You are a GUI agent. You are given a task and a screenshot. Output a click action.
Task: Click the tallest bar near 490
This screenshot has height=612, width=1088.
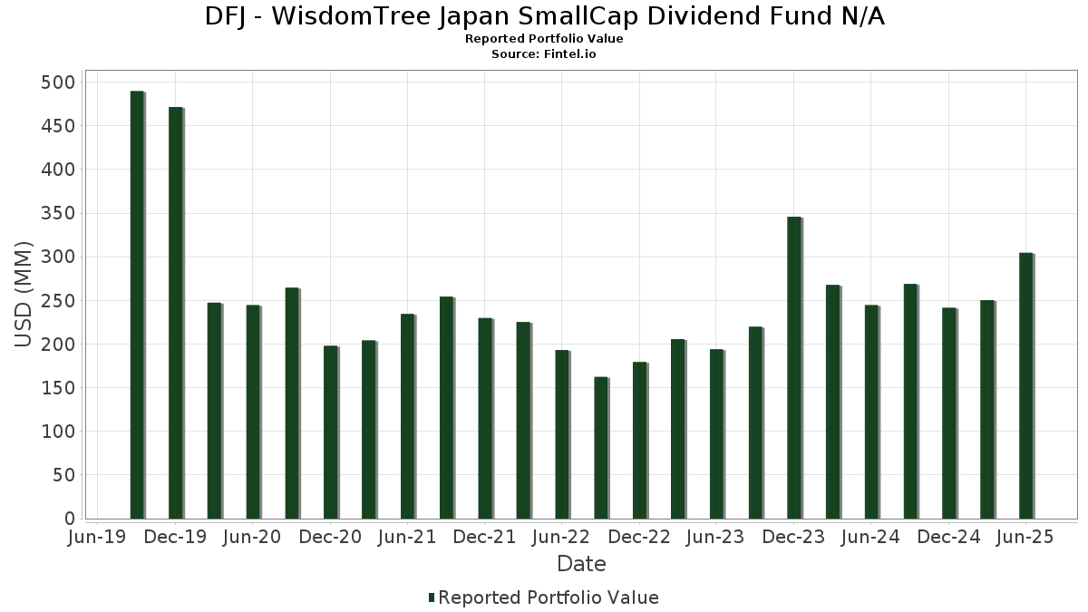point(137,305)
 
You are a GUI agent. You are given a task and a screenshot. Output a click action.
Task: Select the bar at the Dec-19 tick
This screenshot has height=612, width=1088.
point(176,313)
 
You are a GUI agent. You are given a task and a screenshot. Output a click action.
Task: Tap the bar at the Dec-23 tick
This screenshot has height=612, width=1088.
point(794,367)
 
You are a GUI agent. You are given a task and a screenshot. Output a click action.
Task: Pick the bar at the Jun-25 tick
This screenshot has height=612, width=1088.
point(1025,385)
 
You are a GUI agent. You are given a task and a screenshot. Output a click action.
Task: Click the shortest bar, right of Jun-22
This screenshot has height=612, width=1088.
point(601,448)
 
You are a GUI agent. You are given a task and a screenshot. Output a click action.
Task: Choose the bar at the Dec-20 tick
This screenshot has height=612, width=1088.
point(330,432)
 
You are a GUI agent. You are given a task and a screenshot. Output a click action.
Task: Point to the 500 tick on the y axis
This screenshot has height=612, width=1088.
point(60,83)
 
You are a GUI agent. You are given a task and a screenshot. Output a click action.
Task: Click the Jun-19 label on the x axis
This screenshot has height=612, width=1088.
point(98,537)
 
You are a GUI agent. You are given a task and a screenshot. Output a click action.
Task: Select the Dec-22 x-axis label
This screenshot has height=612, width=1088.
point(639,537)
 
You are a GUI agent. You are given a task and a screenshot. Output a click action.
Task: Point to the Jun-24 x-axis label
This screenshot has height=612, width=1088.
point(870,537)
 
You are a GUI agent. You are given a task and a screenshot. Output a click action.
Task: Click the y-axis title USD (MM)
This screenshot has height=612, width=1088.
point(24,295)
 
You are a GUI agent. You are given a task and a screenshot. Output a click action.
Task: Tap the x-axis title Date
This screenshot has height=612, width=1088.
point(581,564)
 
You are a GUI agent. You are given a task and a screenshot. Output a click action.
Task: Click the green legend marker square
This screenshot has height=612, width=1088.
point(432,597)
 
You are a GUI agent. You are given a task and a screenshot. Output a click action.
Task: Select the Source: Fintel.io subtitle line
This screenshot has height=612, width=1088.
point(544,54)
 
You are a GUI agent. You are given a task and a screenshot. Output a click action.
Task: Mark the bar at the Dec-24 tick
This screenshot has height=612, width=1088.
point(948,413)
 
